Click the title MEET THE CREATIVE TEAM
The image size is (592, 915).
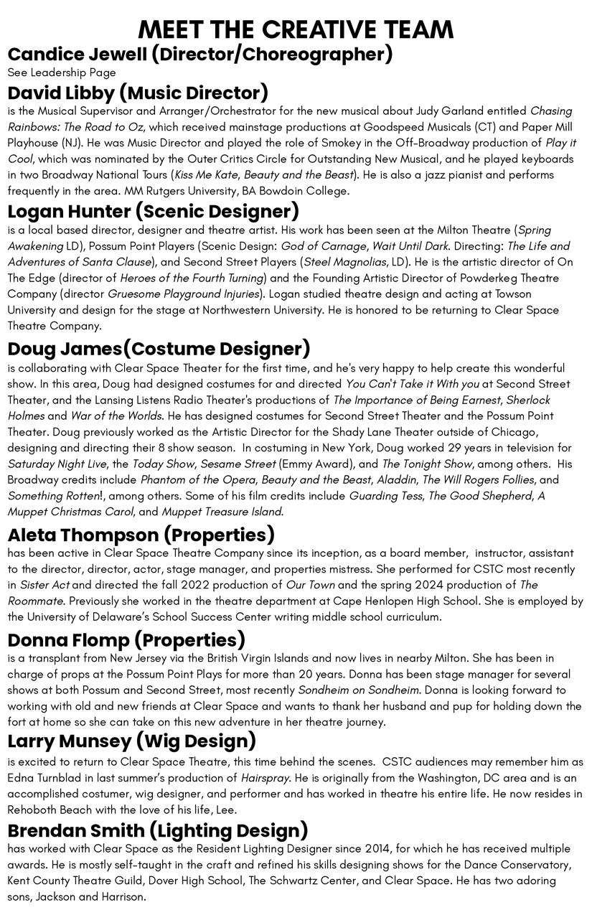pyautogui.click(x=296, y=29)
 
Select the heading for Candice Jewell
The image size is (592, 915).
pyautogui.click(x=200, y=55)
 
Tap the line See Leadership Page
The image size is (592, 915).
pyautogui.click(x=62, y=72)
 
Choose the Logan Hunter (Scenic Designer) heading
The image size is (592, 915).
pyautogui.click(x=154, y=211)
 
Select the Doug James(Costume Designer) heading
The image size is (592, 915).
pyautogui.click(x=159, y=349)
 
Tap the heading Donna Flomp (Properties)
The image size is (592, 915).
pyautogui.click(x=126, y=640)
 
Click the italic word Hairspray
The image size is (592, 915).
pyautogui.click(x=265, y=778)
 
